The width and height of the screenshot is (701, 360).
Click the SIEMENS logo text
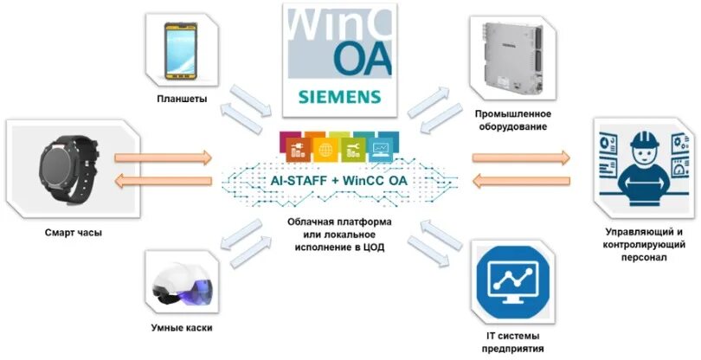338,95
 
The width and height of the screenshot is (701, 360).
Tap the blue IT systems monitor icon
514,282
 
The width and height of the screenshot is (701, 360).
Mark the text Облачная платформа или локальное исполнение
340,235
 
